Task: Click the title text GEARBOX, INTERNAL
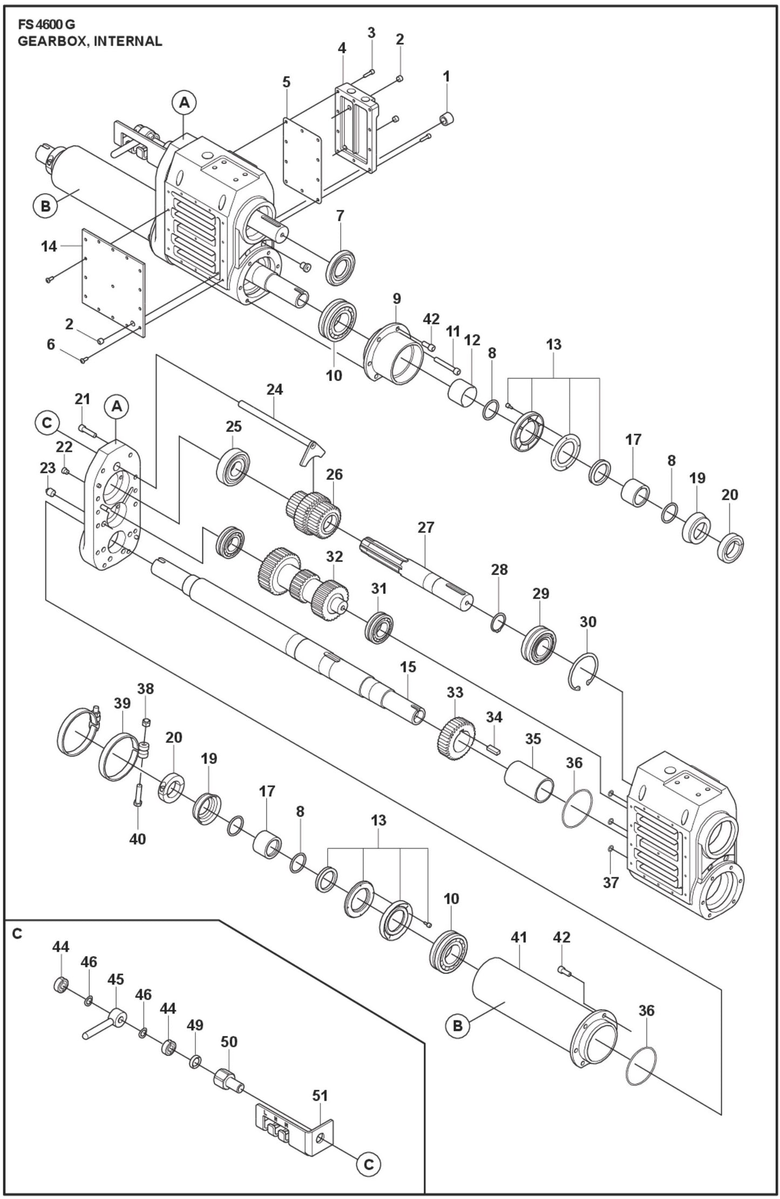tap(90, 41)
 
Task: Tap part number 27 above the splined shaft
tap(425, 527)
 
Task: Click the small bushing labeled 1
tap(447, 118)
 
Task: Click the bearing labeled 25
tap(233, 465)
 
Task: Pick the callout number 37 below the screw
tap(610, 882)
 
